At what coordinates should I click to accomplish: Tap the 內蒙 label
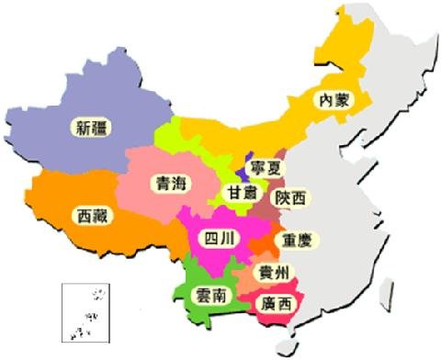tap(331, 99)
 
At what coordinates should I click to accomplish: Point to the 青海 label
tap(171, 183)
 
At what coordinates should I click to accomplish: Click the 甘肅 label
tap(243, 193)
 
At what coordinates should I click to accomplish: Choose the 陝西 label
tap(292, 197)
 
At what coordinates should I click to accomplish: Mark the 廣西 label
tap(276, 302)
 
